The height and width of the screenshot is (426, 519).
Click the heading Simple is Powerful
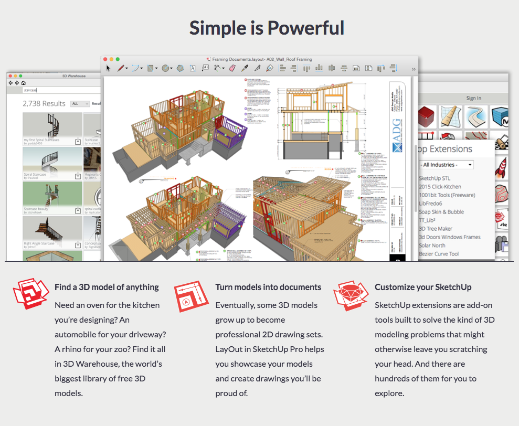click(267, 28)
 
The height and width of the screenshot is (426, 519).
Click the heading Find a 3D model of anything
click(107, 287)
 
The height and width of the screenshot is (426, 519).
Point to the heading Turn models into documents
click(268, 287)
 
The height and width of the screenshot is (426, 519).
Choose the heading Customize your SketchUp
click(423, 287)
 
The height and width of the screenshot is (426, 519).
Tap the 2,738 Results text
click(44, 104)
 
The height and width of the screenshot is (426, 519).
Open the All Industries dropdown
click(447, 165)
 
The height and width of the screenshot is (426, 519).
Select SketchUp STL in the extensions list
click(435, 178)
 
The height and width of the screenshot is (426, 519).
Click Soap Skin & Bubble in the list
click(441, 212)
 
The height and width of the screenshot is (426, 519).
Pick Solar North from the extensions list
click(432, 246)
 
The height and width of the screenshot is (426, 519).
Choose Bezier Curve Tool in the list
click(439, 254)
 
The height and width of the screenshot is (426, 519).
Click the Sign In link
click(473, 98)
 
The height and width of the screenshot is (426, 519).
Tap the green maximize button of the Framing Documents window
click(118, 59)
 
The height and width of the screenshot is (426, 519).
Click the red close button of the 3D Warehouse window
click(10, 76)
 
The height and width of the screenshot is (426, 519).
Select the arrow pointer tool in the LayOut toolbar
click(109, 68)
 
